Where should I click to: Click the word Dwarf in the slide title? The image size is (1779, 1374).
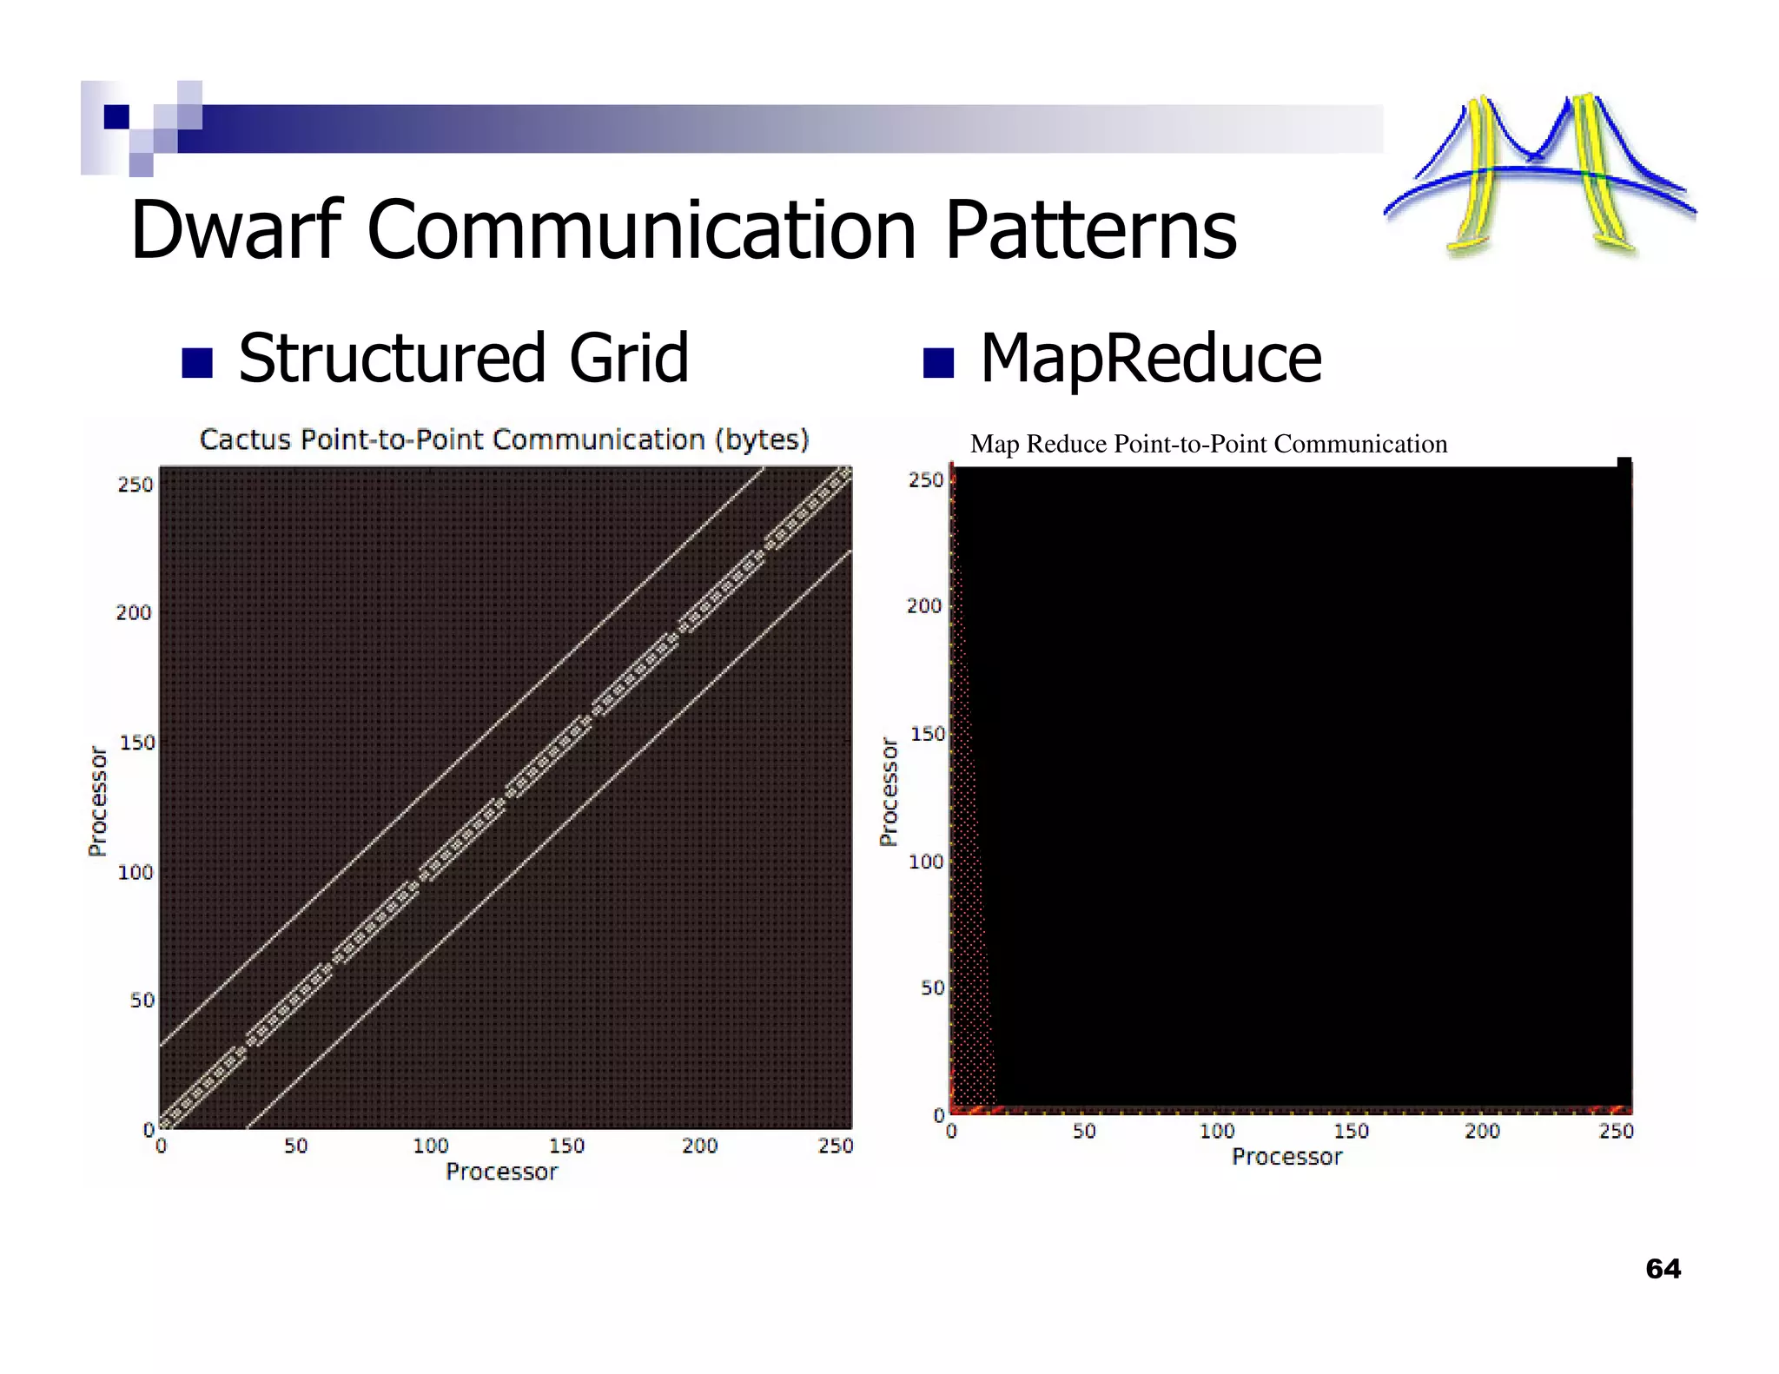coord(236,230)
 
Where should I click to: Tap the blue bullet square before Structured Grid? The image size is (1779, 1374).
coord(197,363)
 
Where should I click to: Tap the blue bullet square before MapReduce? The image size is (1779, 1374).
coord(938,362)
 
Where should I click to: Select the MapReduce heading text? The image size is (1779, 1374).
coord(1150,359)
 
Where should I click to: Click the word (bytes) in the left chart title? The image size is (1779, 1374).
coord(762,439)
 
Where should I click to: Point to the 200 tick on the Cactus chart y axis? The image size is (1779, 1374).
coord(134,613)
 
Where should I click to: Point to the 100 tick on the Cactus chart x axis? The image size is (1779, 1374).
coord(431,1146)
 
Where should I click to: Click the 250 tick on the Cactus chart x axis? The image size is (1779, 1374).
coord(836,1146)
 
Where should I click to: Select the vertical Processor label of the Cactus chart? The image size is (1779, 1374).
coord(98,801)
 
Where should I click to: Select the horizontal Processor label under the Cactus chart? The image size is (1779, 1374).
coord(501,1173)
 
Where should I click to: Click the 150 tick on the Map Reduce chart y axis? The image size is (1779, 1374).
coord(927,735)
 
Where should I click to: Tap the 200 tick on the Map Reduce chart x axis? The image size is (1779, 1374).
coord(1482,1132)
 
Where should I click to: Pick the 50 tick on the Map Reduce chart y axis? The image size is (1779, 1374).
coord(932,988)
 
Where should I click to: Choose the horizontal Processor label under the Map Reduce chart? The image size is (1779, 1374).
coord(1286,1158)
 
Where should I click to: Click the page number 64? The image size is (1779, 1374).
coord(1663,1269)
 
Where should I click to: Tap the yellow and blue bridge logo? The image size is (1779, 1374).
coord(1539,174)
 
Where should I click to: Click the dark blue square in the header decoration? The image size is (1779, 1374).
coord(116,116)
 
